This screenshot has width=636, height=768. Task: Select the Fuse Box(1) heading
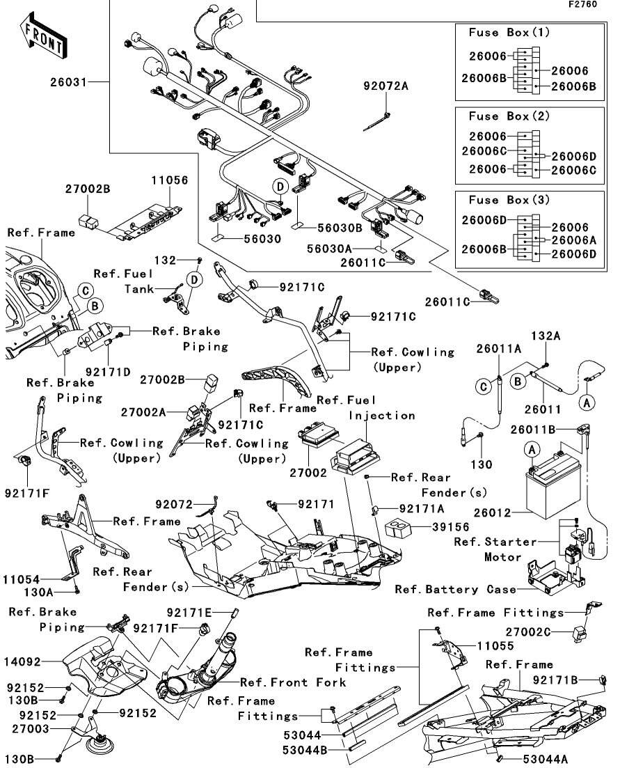[x=509, y=33]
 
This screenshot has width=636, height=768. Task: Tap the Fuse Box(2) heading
[x=509, y=116]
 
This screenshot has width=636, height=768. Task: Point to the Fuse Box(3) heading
[x=509, y=200]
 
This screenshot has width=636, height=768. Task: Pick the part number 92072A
[x=385, y=86]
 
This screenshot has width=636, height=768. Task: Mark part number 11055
[x=495, y=645]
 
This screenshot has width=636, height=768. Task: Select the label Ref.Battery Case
[x=456, y=590]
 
